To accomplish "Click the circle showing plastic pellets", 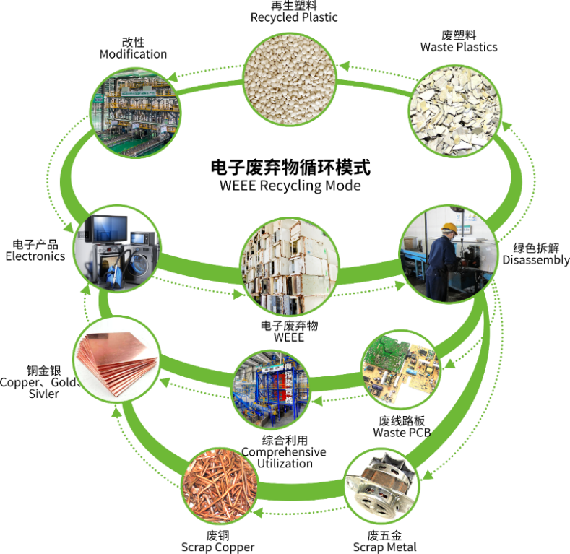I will point(289,79).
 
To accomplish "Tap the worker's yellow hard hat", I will point(449,228).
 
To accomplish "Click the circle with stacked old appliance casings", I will point(290,266).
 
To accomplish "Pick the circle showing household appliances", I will point(117,248).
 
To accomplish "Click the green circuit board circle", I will point(400,369).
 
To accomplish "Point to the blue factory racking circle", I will point(271,389).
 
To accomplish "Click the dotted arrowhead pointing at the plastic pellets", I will point(345,66).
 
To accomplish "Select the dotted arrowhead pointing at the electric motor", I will point(426,475).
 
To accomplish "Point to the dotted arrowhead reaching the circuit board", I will point(448,364).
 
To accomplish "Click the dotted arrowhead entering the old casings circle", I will point(238,295).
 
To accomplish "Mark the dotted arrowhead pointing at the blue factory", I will point(316,397).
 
